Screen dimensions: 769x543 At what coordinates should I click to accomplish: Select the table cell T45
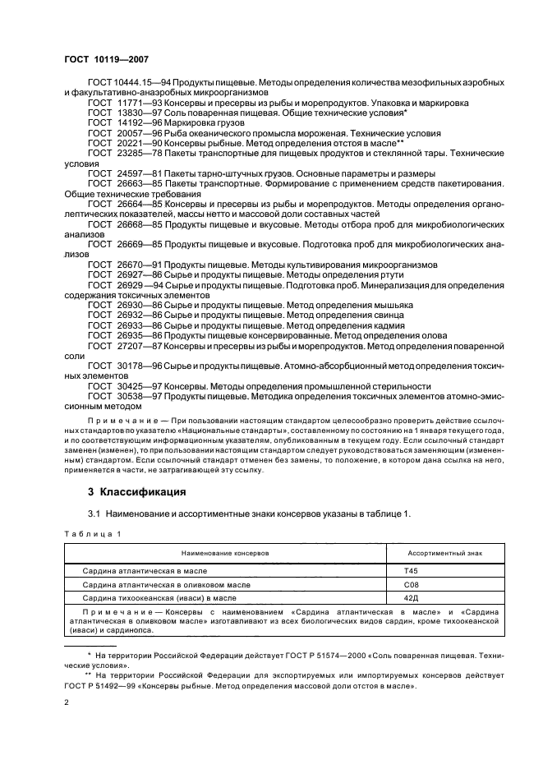tap(412, 570)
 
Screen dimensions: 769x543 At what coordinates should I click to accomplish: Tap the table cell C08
tap(412, 583)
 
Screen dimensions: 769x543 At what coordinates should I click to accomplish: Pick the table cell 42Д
tap(412, 597)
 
